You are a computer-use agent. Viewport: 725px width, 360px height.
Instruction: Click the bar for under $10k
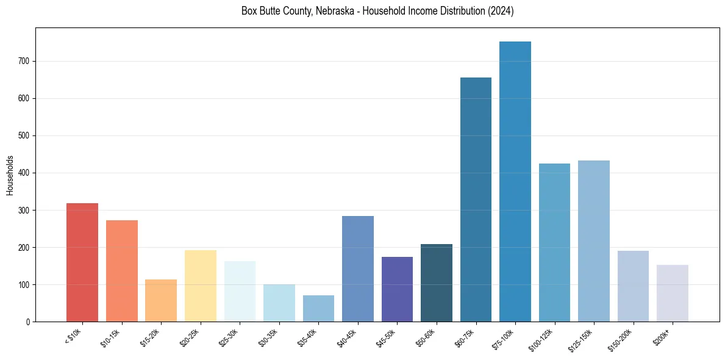[x=82, y=262]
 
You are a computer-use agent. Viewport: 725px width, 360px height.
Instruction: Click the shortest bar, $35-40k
[x=318, y=308]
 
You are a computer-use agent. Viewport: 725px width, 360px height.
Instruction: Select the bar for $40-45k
[x=358, y=268]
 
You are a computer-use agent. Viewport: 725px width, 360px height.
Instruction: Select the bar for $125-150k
[x=594, y=241]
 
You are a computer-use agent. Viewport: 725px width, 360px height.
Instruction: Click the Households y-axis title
[x=10, y=175]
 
